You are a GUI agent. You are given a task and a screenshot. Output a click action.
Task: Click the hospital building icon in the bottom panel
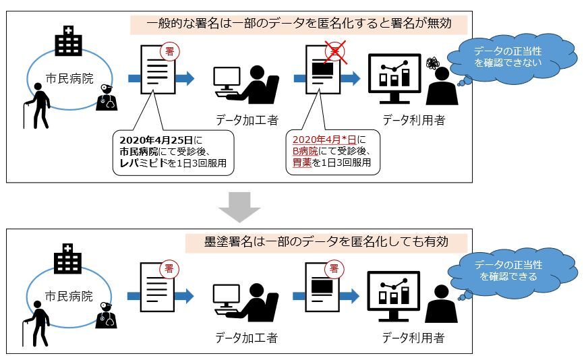coord(68,258)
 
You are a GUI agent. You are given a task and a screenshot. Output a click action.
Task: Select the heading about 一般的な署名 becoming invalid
coord(299,24)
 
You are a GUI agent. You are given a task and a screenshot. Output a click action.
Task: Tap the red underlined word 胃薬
coord(301,164)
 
